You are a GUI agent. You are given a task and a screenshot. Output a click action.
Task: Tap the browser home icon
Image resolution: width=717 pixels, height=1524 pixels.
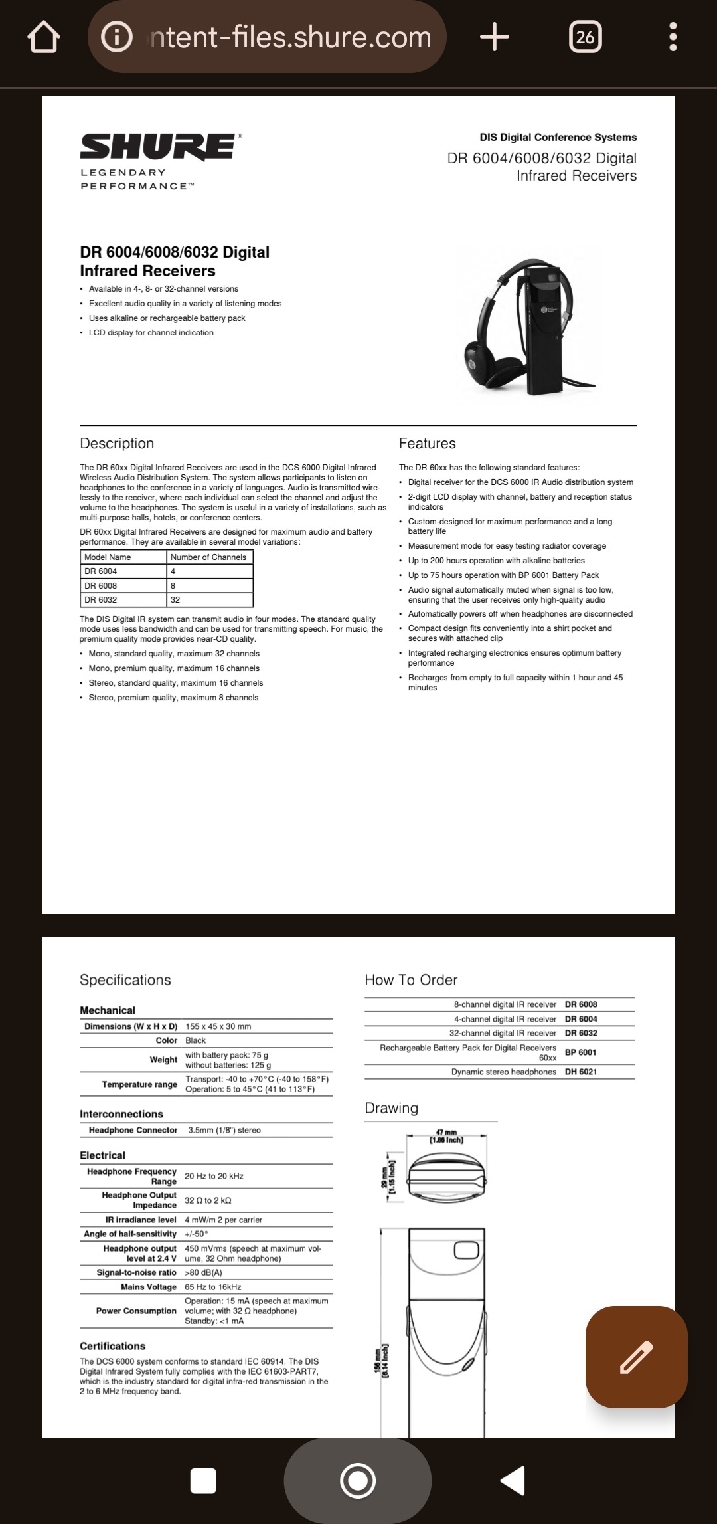[x=44, y=37]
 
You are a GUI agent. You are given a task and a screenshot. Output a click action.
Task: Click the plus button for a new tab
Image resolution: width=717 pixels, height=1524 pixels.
[x=495, y=37]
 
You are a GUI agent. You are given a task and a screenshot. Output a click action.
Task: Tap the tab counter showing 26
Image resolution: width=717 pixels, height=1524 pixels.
[x=585, y=37]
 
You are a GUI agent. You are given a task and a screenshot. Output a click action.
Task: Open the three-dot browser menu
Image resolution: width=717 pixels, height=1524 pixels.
[x=673, y=37]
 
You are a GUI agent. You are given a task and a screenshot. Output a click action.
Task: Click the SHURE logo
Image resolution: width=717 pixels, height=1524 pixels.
[x=157, y=147]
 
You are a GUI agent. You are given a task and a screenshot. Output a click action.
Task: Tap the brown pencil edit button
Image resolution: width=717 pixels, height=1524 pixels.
[x=636, y=1357]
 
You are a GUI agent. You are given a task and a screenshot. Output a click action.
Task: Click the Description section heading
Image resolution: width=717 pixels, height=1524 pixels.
[x=117, y=444]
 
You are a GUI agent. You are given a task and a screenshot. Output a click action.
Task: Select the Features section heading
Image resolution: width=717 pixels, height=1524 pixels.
[x=428, y=444]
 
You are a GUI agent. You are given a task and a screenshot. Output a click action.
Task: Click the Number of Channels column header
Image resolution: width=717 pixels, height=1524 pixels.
[x=208, y=557]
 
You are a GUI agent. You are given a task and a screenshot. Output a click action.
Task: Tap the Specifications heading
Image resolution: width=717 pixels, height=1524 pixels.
[x=125, y=980]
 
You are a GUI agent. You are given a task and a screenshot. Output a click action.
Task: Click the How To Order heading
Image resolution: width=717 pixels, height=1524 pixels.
[x=411, y=980]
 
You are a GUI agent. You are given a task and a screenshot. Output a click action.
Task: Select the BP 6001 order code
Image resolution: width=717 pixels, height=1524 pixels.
[x=581, y=1052]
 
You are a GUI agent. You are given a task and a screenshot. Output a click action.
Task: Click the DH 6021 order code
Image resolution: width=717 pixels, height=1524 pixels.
[x=581, y=1072]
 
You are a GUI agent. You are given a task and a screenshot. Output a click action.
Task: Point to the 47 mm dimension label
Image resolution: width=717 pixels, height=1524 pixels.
[x=446, y=1136]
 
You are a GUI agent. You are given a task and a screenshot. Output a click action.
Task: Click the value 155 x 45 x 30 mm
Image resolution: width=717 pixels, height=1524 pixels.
[x=218, y=1026]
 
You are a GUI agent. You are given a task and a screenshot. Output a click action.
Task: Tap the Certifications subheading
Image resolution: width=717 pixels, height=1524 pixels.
[x=113, y=1346]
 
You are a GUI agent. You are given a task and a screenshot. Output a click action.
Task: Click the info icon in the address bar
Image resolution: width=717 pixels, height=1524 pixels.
[x=117, y=37]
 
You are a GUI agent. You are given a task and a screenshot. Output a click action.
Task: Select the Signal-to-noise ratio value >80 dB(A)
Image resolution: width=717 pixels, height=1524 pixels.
[x=203, y=1272]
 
